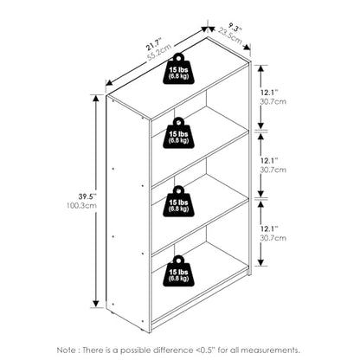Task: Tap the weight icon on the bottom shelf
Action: pyautogui.click(x=178, y=271)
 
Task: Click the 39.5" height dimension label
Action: pyautogui.click(x=87, y=196)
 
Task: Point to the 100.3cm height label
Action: pyautogui.click(x=82, y=206)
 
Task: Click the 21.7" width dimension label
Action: pyautogui.click(x=154, y=43)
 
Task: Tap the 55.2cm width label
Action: pyautogui.click(x=159, y=52)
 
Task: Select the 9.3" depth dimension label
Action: pyautogui.click(x=235, y=28)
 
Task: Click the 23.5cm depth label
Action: pyautogui.click(x=230, y=35)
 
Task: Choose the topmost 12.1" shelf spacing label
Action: pyautogui.click(x=269, y=93)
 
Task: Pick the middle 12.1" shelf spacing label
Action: pyautogui.click(x=269, y=160)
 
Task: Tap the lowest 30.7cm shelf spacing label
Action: pyautogui.click(x=273, y=238)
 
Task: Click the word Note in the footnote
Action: pyautogui.click(x=67, y=350)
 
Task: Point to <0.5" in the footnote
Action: pyautogui.click(x=204, y=350)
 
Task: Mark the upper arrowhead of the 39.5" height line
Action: pyautogui.click(x=96, y=99)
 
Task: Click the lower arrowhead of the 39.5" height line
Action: pyautogui.click(x=96, y=304)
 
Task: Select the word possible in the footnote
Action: pyautogui.click(x=136, y=350)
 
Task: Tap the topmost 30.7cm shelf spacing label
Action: pyautogui.click(x=273, y=102)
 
